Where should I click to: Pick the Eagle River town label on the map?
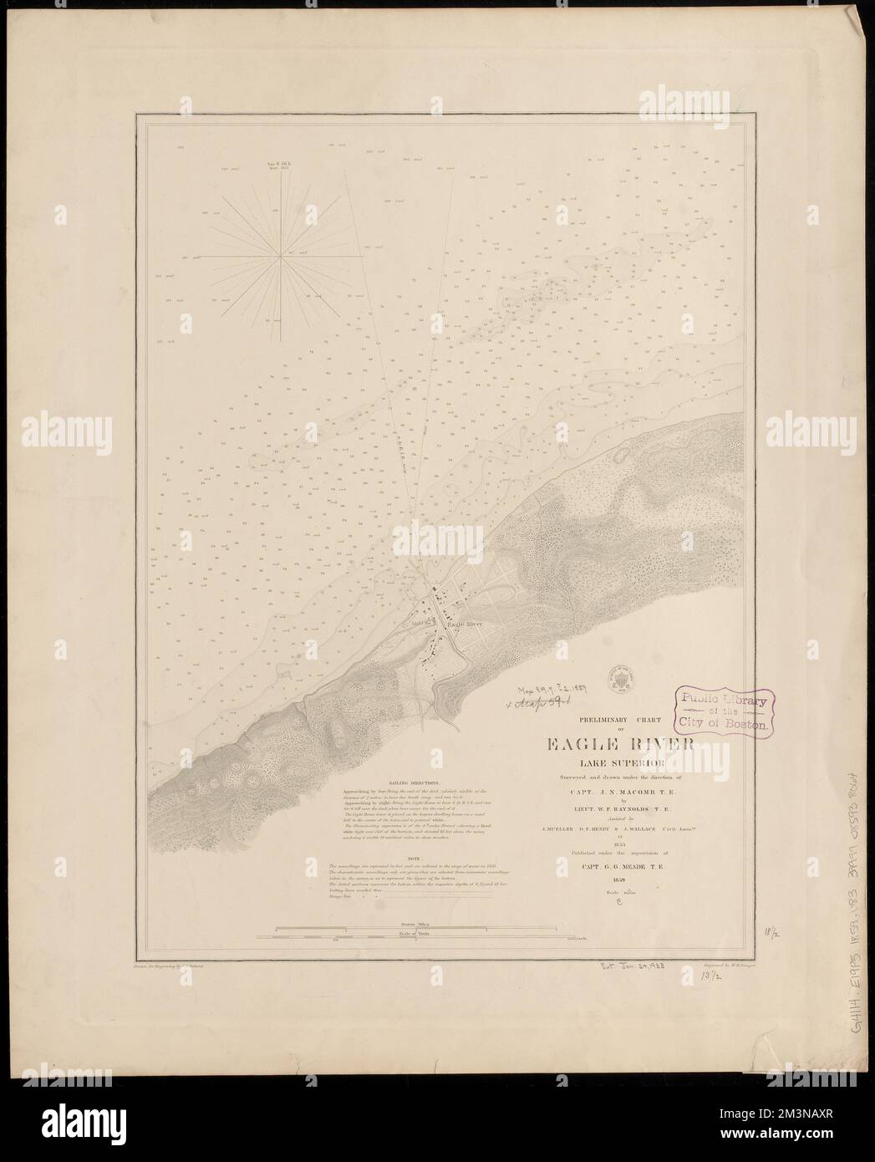(465, 624)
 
